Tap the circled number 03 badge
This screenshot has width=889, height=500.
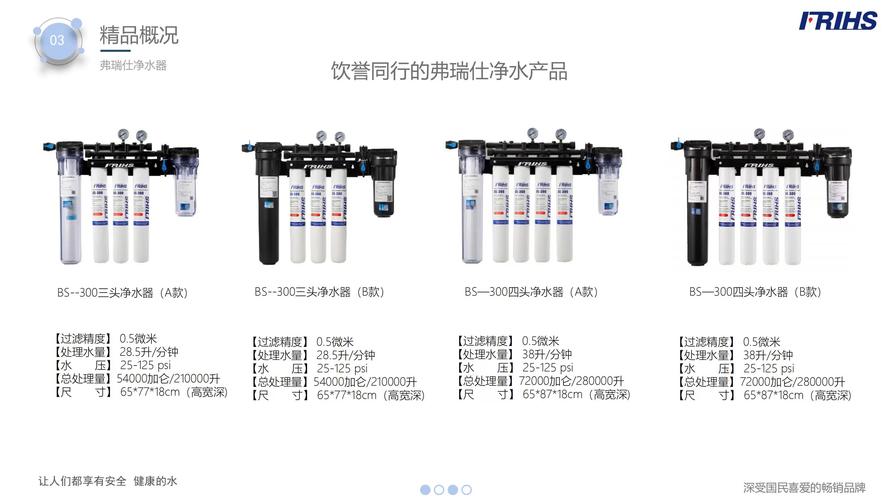(x=58, y=40)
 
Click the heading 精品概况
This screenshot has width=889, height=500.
(x=139, y=35)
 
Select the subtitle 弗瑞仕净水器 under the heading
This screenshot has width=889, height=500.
(x=132, y=64)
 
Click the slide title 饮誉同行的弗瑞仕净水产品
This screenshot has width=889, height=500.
(x=449, y=71)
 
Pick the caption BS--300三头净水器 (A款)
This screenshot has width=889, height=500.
(x=122, y=293)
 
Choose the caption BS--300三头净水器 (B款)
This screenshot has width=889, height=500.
(x=319, y=292)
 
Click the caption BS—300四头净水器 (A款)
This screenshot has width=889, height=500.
(x=530, y=292)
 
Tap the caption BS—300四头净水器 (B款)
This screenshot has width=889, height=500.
(x=754, y=292)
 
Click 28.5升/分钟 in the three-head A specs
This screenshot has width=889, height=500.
(x=149, y=352)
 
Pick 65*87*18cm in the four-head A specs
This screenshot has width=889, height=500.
(x=549, y=395)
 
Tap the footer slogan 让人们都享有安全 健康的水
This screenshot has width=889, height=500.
(x=107, y=481)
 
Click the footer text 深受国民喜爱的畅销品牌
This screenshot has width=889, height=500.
(x=803, y=488)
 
